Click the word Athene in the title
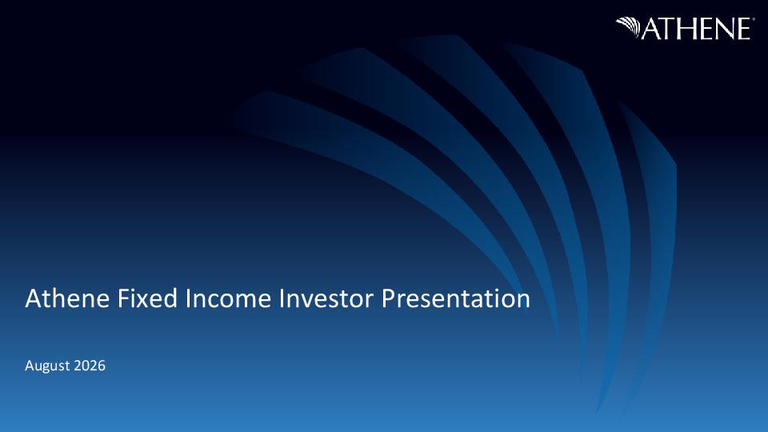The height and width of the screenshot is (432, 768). coord(67,298)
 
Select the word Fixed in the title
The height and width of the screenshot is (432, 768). coord(147,298)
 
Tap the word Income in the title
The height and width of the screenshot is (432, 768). coord(228,298)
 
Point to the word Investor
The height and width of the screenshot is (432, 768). coord(326,298)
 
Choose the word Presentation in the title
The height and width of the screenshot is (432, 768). coord(456,298)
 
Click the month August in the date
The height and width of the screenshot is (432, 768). coord(47,366)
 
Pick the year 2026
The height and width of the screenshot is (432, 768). coord(90,366)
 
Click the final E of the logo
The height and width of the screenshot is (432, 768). coord(743,29)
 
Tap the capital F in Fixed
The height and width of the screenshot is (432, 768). coord(123,298)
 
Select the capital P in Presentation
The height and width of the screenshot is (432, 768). coord(389,298)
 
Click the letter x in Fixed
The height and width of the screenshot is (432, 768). coord(146,302)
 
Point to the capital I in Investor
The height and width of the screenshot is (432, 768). coord(281,298)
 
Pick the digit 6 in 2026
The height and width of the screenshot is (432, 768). coord(102,366)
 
